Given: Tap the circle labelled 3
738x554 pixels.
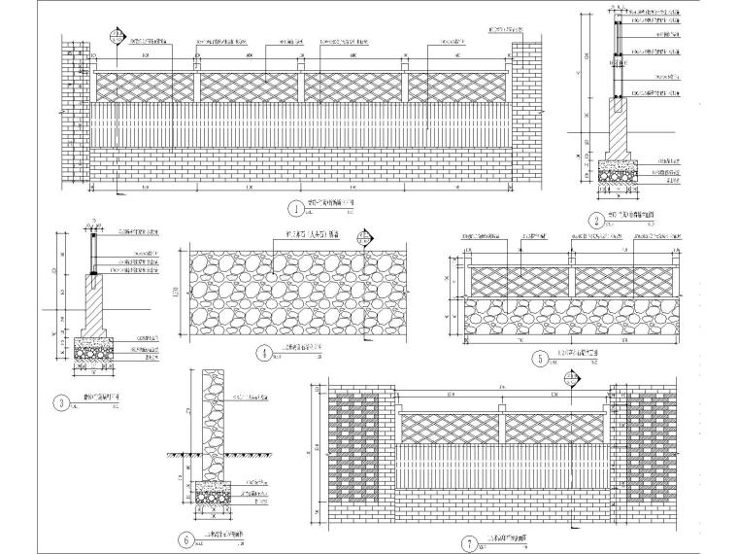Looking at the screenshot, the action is pyautogui.click(x=62, y=401).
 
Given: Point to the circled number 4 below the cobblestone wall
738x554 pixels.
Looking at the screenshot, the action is pyautogui.click(x=263, y=354).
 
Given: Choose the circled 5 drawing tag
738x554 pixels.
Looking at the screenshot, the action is pyautogui.click(x=538, y=358).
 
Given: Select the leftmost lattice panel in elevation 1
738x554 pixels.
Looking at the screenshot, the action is pyautogui.click(x=146, y=87).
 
